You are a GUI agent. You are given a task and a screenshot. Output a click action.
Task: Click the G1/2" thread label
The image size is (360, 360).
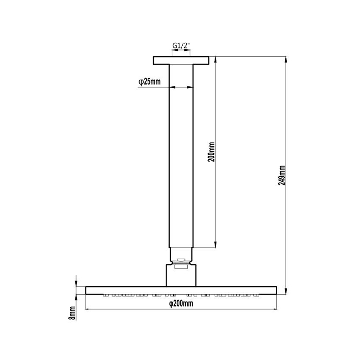[181, 46]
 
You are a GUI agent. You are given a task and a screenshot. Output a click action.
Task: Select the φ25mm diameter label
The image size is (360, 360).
[149, 82]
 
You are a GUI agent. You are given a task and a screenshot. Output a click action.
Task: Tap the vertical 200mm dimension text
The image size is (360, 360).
[211, 152]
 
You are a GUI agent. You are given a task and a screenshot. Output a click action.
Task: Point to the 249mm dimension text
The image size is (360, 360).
[282, 175]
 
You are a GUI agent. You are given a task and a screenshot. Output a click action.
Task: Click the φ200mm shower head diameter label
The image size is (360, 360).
[181, 303]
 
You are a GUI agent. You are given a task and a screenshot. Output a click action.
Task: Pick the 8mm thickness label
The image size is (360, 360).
[72, 313]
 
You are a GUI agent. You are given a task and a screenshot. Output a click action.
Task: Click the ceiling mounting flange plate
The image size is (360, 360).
[181, 60]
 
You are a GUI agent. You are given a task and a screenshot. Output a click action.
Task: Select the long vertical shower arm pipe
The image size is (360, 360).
[181, 156]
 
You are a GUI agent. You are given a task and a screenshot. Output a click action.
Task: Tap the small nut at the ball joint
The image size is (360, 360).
[181, 260]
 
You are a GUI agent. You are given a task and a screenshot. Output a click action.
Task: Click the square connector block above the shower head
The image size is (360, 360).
[181, 275]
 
